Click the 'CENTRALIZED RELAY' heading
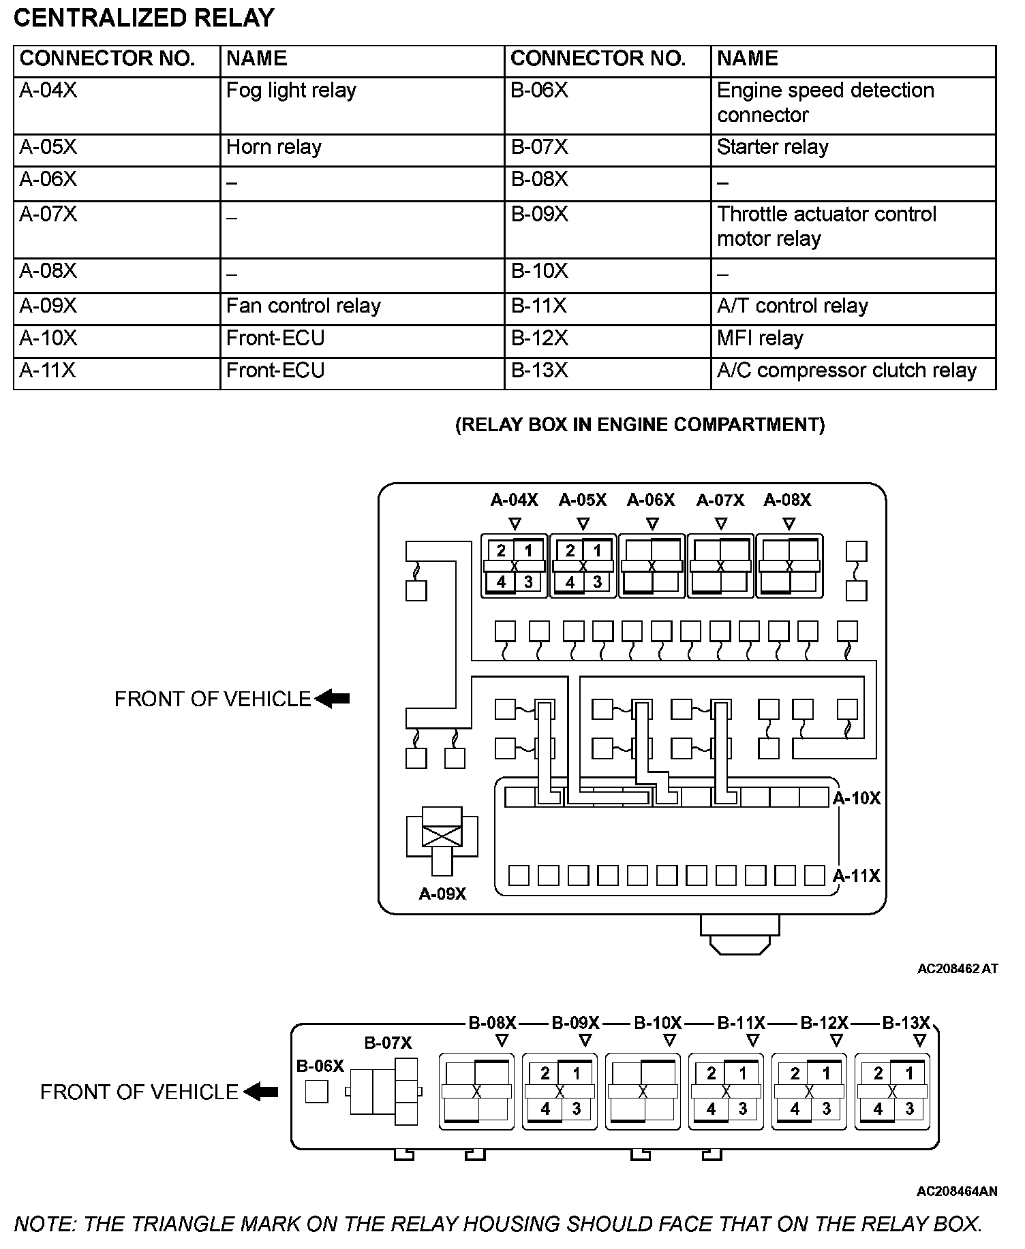coord(144,18)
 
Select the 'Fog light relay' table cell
coord(291,91)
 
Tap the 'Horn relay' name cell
coord(274,148)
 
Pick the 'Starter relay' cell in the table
coord(772,148)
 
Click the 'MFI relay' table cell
coord(760,338)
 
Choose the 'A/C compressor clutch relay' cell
coord(846,370)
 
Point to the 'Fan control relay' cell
coord(303,306)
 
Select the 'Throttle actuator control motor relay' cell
coord(826,226)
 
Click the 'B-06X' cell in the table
coord(539,91)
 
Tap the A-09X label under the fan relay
coord(442,894)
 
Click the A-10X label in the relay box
coord(857,798)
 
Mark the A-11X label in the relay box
coord(857,876)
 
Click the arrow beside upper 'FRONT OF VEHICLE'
coord(333,699)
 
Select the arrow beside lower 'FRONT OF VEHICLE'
coord(261,1092)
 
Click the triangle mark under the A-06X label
coord(652,524)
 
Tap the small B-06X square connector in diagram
coord(316,1092)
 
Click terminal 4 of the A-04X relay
coord(501,582)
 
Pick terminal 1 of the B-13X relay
coord(909,1074)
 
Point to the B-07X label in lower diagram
coord(388,1043)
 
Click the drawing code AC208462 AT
coord(957,968)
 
